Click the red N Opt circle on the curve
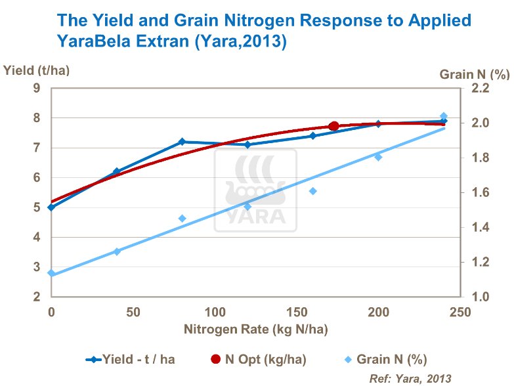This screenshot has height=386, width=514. pos(333,126)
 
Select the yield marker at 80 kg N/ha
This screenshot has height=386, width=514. pos(182,142)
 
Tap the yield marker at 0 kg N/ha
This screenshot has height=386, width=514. pos(51,207)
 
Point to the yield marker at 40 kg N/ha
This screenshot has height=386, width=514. pos(117,171)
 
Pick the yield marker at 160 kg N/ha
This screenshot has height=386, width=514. pos(313,136)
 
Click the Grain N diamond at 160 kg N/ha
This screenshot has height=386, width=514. pos(313,191)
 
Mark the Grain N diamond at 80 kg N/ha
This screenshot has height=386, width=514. pos(182,219)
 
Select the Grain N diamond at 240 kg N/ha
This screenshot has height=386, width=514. pos(444,116)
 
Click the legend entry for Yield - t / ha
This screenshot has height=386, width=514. pos(131,359)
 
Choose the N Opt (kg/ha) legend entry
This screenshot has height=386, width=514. pos(259,359)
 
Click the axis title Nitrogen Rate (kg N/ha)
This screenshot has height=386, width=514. pos(256,329)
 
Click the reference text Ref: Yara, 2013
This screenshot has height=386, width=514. pos(410,378)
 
